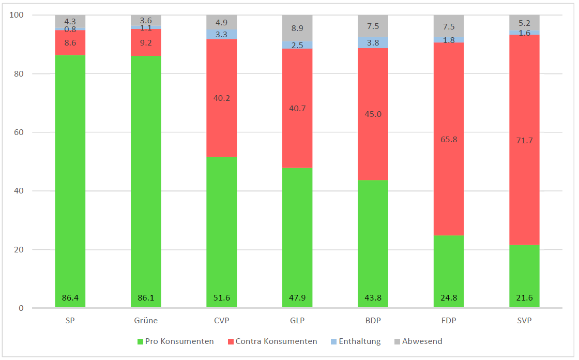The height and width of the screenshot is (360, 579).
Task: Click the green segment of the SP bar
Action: pyautogui.click(x=70, y=181)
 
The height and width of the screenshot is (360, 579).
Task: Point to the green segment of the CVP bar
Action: pyautogui.click(x=222, y=233)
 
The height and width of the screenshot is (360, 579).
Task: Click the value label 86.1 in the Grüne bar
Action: pyautogui.click(x=146, y=298)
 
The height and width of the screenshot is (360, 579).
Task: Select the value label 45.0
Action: pyautogui.click(x=373, y=114)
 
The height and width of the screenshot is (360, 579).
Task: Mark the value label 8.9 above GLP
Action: pyautogui.click(x=297, y=29)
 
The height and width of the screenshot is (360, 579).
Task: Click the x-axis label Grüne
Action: pyautogui.click(x=146, y=321)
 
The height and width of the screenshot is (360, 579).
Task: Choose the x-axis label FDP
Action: pyautogui.click(x=449, y=321)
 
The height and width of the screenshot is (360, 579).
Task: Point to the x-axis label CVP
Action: pyautogui.click(x=222, y=321)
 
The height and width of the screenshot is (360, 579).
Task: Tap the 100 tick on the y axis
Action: pyautogui.click(x=17, y=15)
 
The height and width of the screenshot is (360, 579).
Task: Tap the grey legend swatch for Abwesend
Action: pyautogui.click(x=398, y=341)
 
